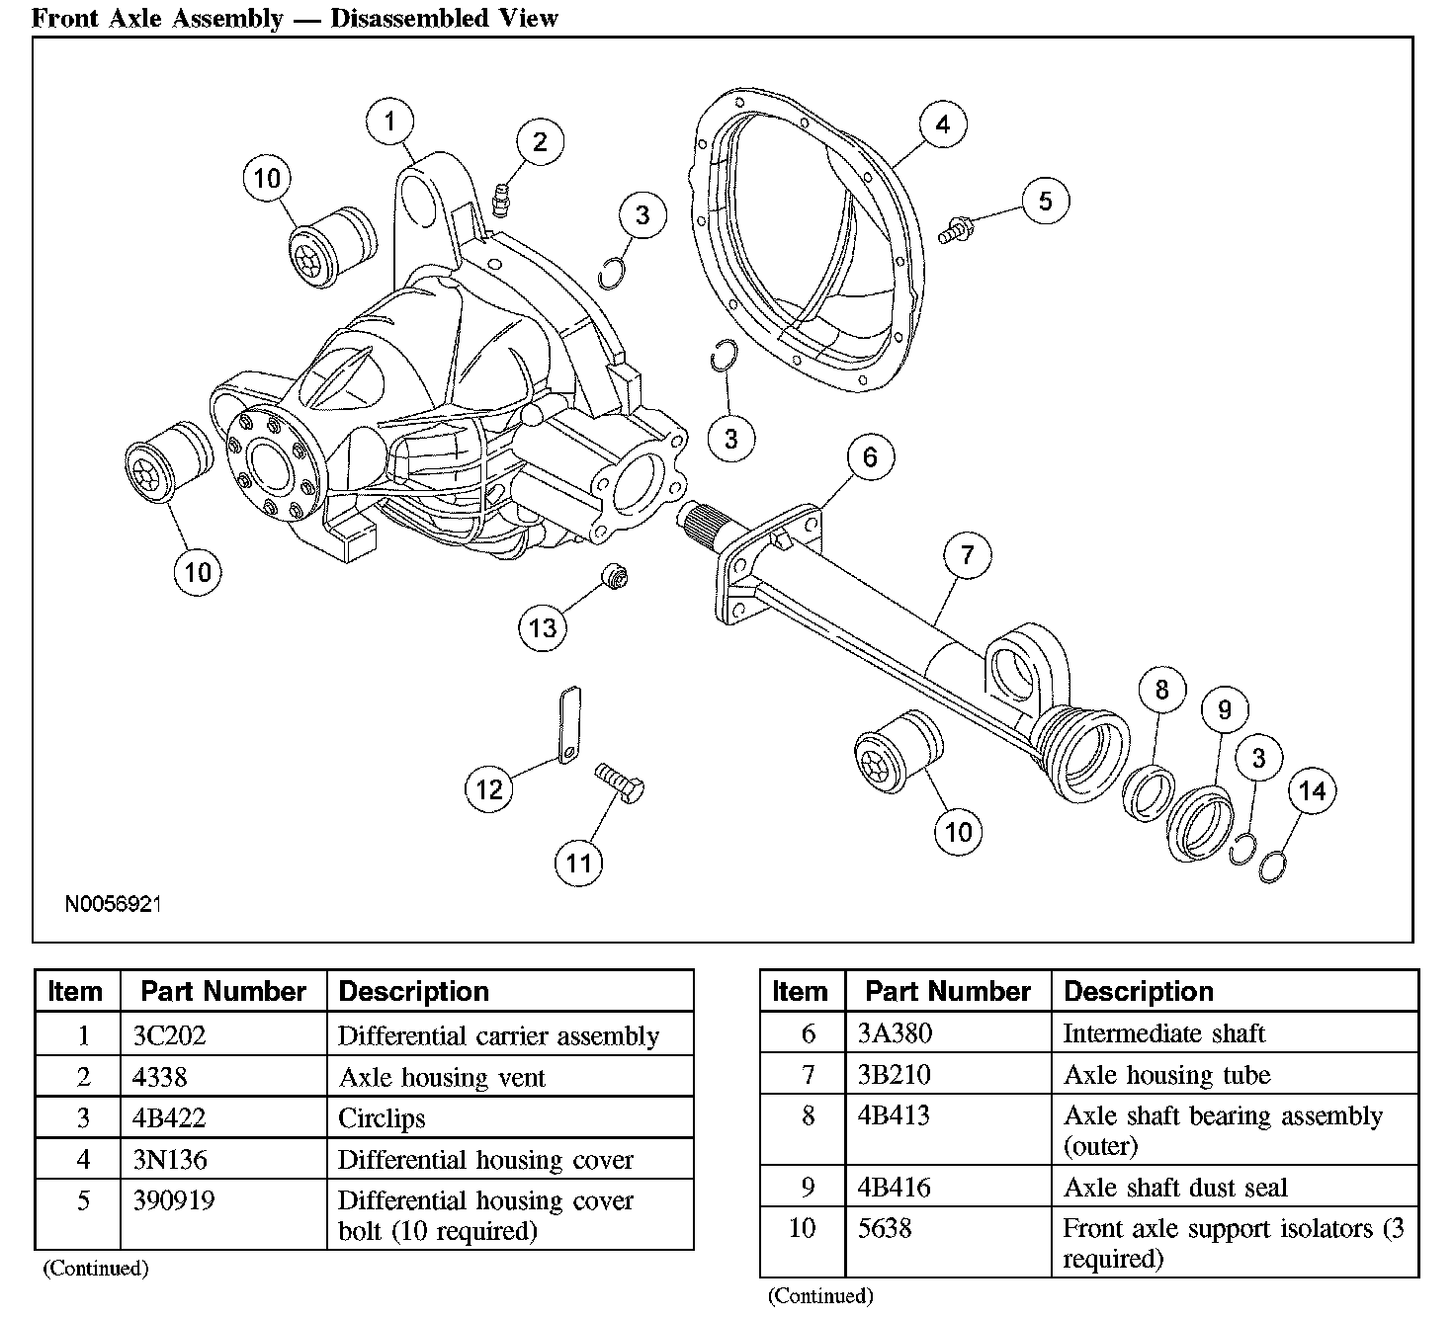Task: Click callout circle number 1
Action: click(x=390, y=123)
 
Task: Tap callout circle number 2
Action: click(x=539, y=142)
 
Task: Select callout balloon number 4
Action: click(x=942, y=124)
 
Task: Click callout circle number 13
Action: click(x=543, y=627)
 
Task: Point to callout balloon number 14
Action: click(x=1312, y=790)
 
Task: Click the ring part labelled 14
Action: click(x=1275, y=865)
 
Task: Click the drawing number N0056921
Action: click(x=114, y=903)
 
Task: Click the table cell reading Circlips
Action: click(x=382, y=1118)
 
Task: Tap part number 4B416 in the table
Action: click(x=894, y=1187)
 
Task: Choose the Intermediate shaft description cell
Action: click(x=1163, y=1033)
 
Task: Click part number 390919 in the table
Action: click(x=173, y=1200)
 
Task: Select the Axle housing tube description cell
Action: click(x=1166, y=1075)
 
